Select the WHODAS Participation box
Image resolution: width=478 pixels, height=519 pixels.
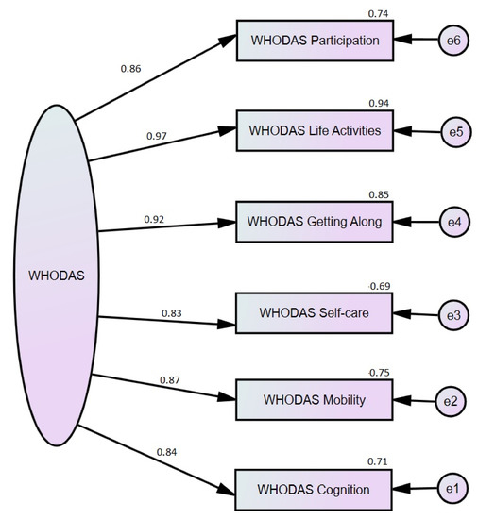point(316,42)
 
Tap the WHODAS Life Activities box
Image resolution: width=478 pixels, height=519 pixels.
point(316,131)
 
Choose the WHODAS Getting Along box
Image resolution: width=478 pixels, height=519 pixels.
point(316,222)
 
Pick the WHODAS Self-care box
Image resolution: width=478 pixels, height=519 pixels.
point(316,311)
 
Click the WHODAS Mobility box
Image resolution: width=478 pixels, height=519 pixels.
point(316,401)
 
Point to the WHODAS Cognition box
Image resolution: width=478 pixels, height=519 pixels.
point(316,490)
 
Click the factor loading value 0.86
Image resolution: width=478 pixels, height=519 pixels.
point(131,68)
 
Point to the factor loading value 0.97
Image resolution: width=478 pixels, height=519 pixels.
point(157,136)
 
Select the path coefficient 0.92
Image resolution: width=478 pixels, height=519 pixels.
point(155,219)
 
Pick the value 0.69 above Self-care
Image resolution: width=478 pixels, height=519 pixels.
point(378,285)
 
